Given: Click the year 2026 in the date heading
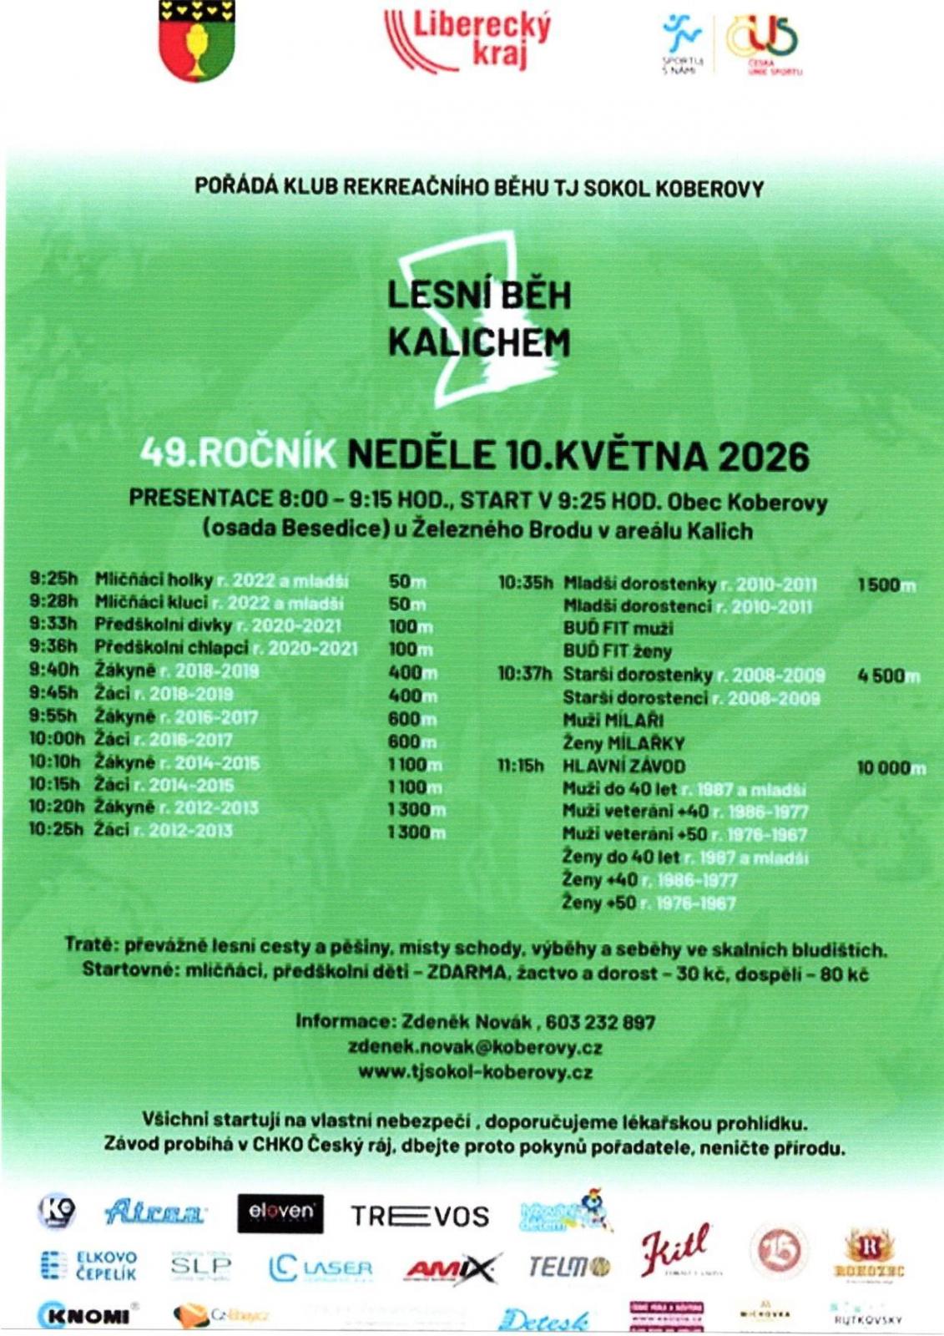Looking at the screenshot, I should click(x=763, y=456).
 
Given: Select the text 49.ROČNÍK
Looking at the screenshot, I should click(x=238, y=453).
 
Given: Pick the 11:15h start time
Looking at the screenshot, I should click(x=520, y=766).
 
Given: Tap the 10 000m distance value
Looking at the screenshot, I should click(x=891, y=768).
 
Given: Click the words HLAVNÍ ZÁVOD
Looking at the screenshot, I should click(x=623, y=767).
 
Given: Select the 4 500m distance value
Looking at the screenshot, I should click(x=888, y=676).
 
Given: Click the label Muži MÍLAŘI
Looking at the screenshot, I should click(x=613, y=721).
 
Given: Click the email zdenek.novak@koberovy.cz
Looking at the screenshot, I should click(x=475, y=1047).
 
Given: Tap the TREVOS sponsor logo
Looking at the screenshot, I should click(x=420, y=1216).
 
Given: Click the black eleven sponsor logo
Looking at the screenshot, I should click(x=280, y=1212).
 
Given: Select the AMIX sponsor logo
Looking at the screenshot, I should click(x=453, y=1269).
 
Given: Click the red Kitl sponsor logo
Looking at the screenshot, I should click(x=676, y=1250).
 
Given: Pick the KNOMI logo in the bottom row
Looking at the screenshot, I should click(x=84, y=1316).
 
